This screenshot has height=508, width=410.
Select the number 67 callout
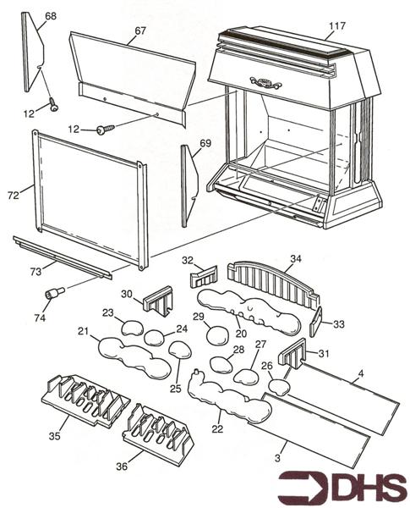pos(139,30)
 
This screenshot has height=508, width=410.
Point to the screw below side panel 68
pos(54,105)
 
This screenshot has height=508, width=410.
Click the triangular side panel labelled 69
pos(189,185)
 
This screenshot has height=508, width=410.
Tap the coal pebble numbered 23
pos(131,329)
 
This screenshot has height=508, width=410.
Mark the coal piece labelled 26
pos(278,388)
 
